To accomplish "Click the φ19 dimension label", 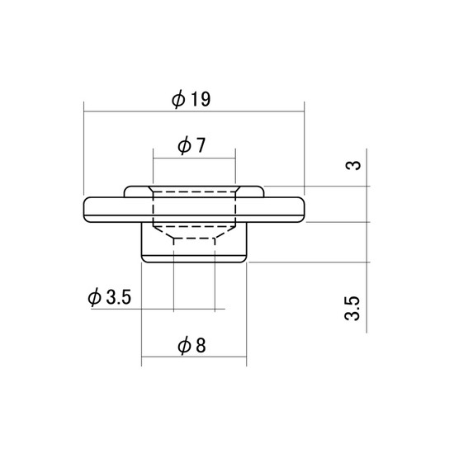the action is coord(192,99).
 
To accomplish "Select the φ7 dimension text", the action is coord(192,145).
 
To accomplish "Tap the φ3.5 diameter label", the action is coord(110,297).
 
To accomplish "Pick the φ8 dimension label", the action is coord(192,345).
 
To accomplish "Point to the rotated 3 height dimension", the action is coord(353,165).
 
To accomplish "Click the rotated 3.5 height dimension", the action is coord(352,308).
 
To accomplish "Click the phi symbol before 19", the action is coord(178,99).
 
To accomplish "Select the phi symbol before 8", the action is coord(184,346).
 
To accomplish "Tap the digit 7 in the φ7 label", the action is coord(200,145).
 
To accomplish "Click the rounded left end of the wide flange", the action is coord(84,210).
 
